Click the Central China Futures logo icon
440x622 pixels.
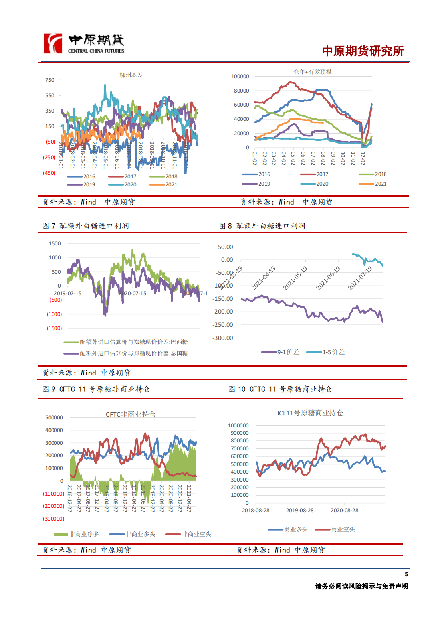[53, 43]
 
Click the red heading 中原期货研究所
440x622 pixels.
[363, 51]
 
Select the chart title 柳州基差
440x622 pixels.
[131, 75]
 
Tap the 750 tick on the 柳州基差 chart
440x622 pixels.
[50, 80]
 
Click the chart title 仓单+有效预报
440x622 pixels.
[313, 72]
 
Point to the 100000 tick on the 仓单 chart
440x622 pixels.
[240, 77]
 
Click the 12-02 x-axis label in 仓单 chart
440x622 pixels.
[363, 158]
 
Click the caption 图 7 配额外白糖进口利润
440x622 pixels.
[86, 226]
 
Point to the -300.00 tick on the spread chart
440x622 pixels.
[223, 338]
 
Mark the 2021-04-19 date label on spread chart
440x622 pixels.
[264, 278]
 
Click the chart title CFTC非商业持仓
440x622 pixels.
[130, 414]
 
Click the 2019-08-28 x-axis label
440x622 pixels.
[300, 511]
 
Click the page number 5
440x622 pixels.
[406, 574]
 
